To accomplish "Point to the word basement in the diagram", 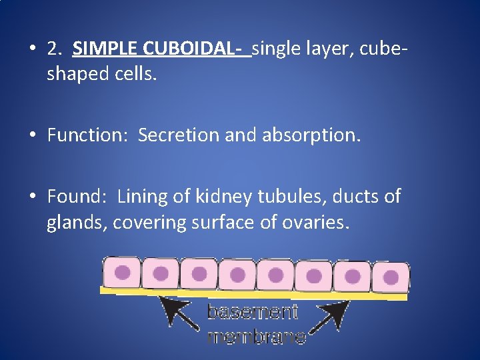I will [252, 312].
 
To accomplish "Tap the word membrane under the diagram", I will [257, 337].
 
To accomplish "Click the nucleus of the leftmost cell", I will [123, 272].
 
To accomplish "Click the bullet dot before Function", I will [33, 136].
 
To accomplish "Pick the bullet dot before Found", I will [33, 197].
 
